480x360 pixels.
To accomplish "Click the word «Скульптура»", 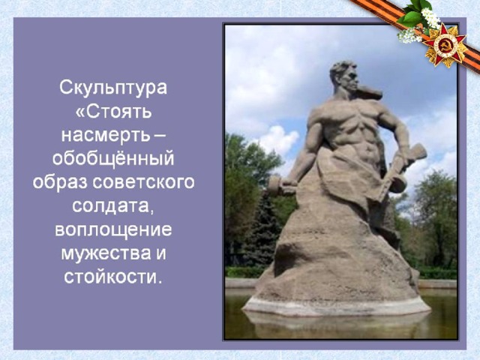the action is click(x=113, y=88).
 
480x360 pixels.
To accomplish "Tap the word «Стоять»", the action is click(x=118, y=112).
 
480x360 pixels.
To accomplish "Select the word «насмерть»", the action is click(x=106, y=135).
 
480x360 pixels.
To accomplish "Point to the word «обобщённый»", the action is click(x=113, y=158).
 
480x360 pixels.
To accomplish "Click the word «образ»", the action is click(x=61, y=183).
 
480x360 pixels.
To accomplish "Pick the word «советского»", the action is click(x=143, y=182).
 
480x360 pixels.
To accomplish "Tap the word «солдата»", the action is click(x=112, y=206).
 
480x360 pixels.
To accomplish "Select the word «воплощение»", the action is click(x=113, y=230).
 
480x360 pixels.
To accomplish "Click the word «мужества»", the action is click(x=106, y=253).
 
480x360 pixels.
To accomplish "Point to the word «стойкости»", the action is click(x=112, y=277).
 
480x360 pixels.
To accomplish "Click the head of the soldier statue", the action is click(x=345, y=76).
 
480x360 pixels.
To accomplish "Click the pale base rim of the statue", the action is click(x=337, y=306).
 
